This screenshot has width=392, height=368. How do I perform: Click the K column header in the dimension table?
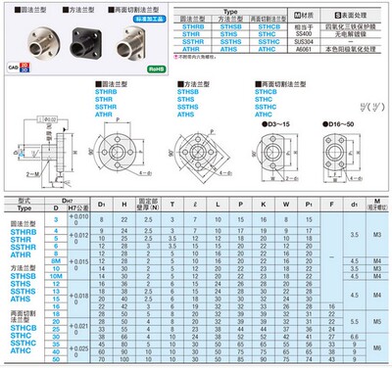(x=266, y=203)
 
